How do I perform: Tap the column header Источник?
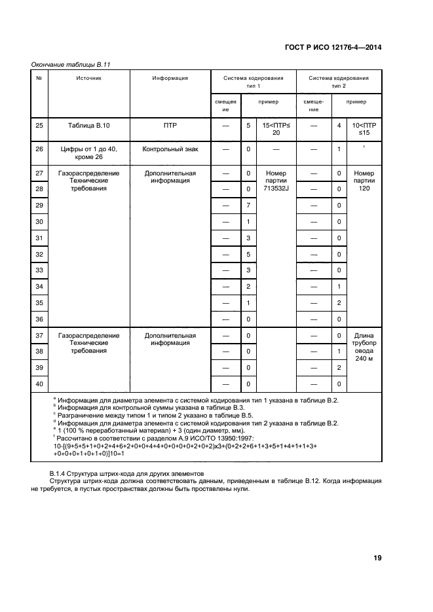[x=88, y=78]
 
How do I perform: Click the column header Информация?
[x=170, y=78]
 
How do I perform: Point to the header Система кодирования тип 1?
[x=253, y=82]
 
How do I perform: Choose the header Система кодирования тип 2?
[x=338, y=82]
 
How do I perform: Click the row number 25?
[x=39, y=124]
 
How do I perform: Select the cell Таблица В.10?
[x=88, y=124]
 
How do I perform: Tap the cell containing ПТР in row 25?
[x=170, y=124]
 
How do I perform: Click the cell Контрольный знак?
[x=170, y=149]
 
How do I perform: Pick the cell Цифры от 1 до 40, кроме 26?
[x=88, y=153]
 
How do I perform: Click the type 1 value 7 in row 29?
[x=248, y=206]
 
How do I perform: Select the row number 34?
[x=39, y=287]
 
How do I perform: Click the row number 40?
[x=39, y=384]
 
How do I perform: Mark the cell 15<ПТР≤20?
[x=273, y=128]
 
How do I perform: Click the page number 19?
[x=377, y=558]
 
